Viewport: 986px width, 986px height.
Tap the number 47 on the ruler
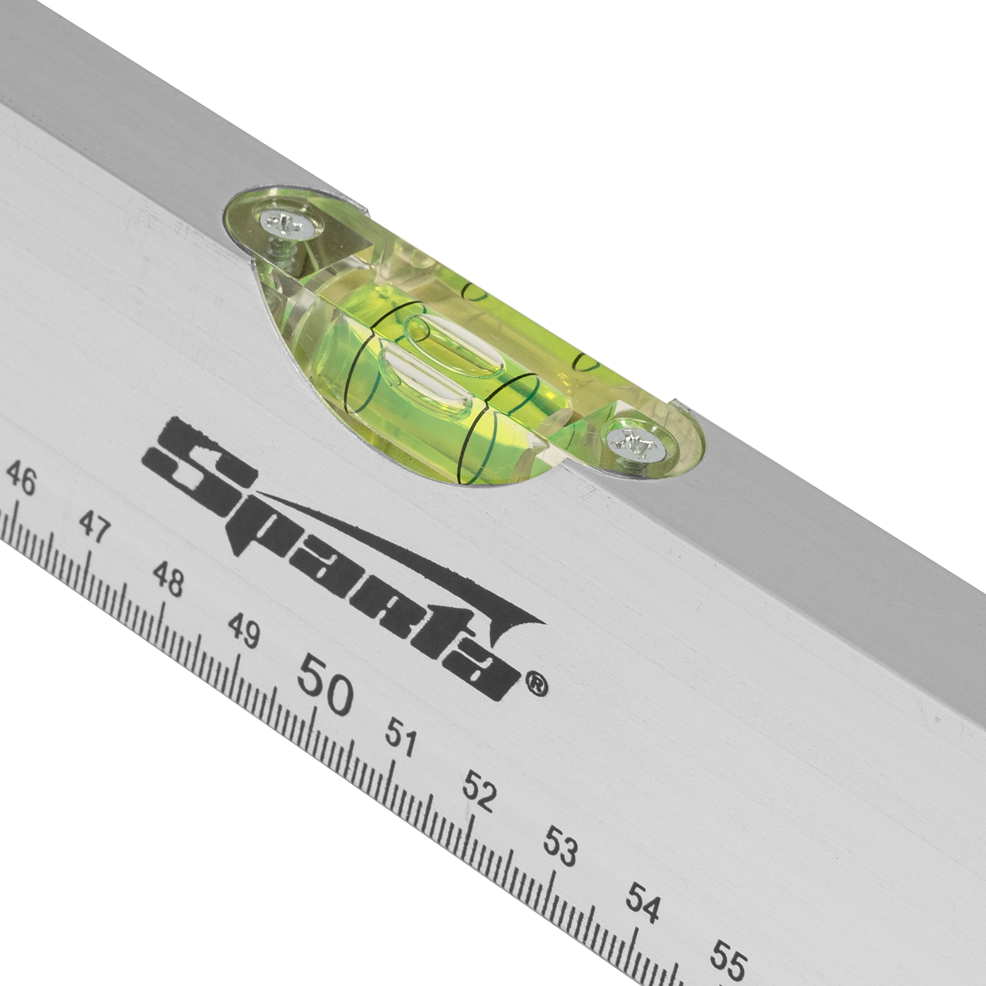click(95, 528)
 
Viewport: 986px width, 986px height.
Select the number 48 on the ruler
click(168, 580)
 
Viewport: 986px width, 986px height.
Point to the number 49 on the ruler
click(244, 630)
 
